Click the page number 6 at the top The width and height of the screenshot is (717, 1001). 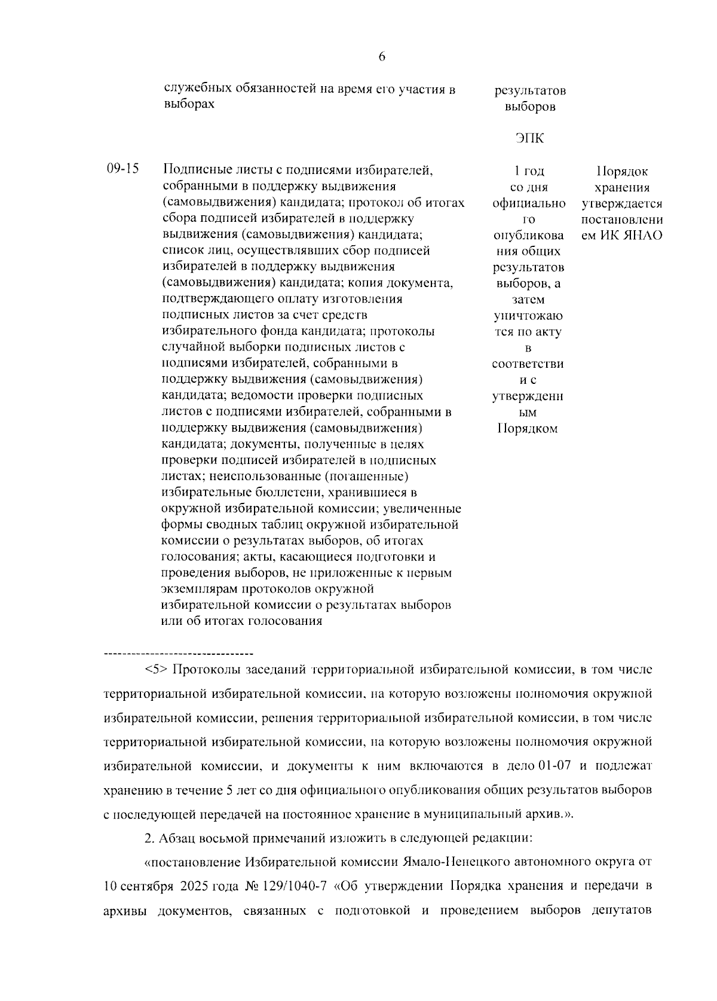pos(382,57)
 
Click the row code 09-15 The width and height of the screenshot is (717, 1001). pos(122,169)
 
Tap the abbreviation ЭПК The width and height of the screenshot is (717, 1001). pos(529,139)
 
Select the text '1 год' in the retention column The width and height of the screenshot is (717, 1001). pos(529,172)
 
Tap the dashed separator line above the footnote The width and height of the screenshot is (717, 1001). pos(179,653)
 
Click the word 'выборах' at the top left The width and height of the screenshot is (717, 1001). pos(188,104)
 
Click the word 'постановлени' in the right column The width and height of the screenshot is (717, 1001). pos(621,219)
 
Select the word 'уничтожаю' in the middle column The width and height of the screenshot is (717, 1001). pos(528,315)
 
